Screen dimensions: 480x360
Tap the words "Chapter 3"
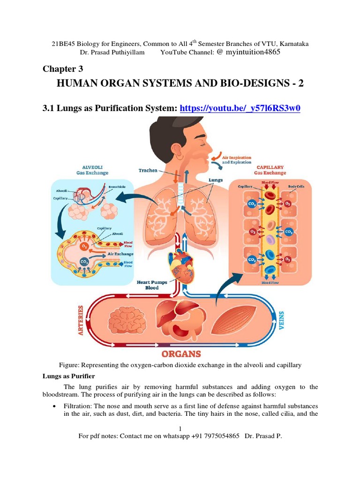[x=59, y=69]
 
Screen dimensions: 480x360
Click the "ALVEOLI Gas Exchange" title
[x=92, y=170]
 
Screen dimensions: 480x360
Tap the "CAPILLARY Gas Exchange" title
[x=270, y=170]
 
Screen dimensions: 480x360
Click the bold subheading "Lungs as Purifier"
[x=67, y=376]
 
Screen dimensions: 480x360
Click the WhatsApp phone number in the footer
[x=215, y=436]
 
